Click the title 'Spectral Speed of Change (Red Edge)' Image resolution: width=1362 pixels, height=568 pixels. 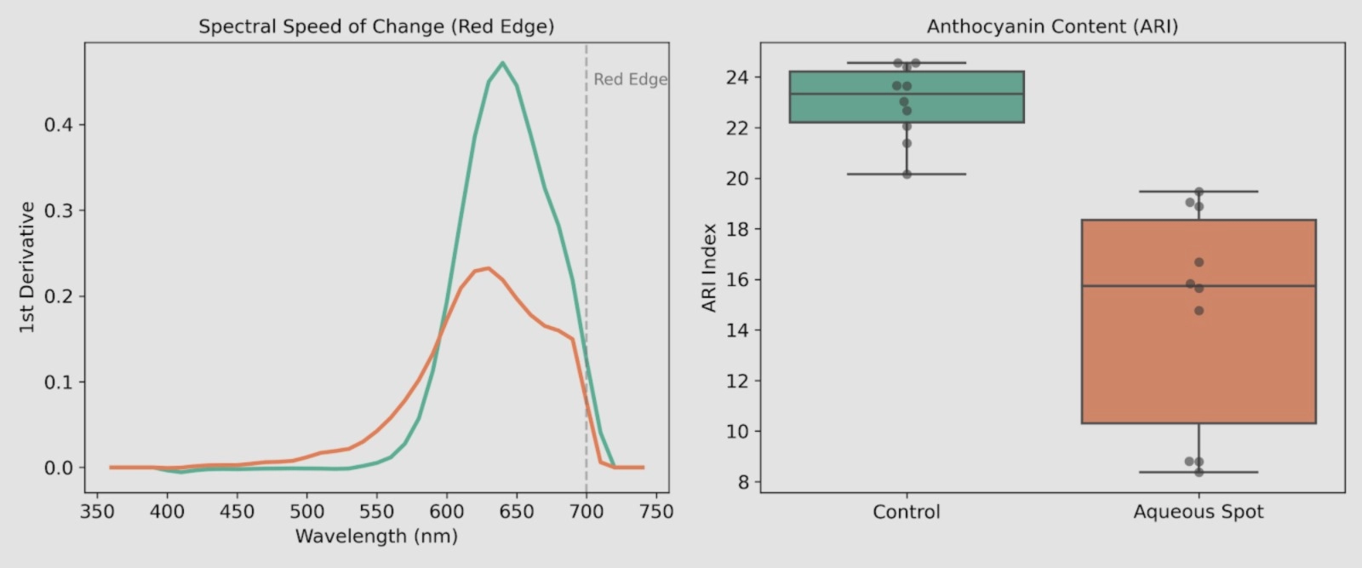pos(376,26)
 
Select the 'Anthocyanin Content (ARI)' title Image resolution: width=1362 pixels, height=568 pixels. pos(1052,26)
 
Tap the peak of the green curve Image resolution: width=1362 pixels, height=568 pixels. pos(502,63)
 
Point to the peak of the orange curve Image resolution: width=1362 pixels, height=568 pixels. pos(488,268)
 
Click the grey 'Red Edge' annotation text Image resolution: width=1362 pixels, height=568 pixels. pos(630,79)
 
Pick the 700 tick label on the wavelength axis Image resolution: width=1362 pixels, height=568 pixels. pos(586,512)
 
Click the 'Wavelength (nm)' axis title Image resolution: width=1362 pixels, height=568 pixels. pos(376,536)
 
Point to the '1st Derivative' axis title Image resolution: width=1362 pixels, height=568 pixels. pos(27,267)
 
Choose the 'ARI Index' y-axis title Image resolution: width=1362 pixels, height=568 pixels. pos(709,267)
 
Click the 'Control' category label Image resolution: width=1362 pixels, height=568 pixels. pos(907,512)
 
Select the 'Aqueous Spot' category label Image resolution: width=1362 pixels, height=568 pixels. pos(1198,512)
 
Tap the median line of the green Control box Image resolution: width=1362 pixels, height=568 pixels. pos(907,94)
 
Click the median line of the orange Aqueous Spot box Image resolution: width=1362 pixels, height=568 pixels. pos(1198,286)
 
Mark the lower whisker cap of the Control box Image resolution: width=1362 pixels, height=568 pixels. pos(907,174)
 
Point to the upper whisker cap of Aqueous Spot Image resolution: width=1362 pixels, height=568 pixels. pos(1198,192)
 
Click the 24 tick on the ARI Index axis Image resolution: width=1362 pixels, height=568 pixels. pos(737,77)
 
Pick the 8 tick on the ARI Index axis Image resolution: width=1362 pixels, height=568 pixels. pos(742,482)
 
